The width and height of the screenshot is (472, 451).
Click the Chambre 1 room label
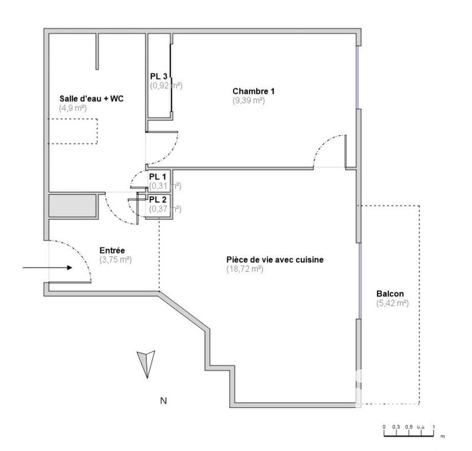tap(253, 91)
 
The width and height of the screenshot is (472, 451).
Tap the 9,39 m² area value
tap(248, 100)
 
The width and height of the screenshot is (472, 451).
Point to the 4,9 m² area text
tap(73, 108)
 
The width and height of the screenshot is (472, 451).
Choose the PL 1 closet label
tap(158, 177)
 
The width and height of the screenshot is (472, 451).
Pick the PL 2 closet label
tap(158, 200)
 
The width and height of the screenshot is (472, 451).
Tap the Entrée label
tap(112, 250)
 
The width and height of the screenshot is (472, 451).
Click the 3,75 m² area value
tap(115, 260)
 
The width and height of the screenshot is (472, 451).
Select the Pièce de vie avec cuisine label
tap(275, 260)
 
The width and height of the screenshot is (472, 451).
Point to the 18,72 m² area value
tap(244, 269)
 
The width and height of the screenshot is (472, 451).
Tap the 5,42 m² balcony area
tap(392, 303)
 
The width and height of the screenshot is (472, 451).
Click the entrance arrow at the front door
tap(47, 268)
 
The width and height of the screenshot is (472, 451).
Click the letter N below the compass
tap(163, 401)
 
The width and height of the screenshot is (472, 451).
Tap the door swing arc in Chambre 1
tap(327, 149)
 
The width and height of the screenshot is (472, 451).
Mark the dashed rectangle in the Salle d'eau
tap(73, 130)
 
